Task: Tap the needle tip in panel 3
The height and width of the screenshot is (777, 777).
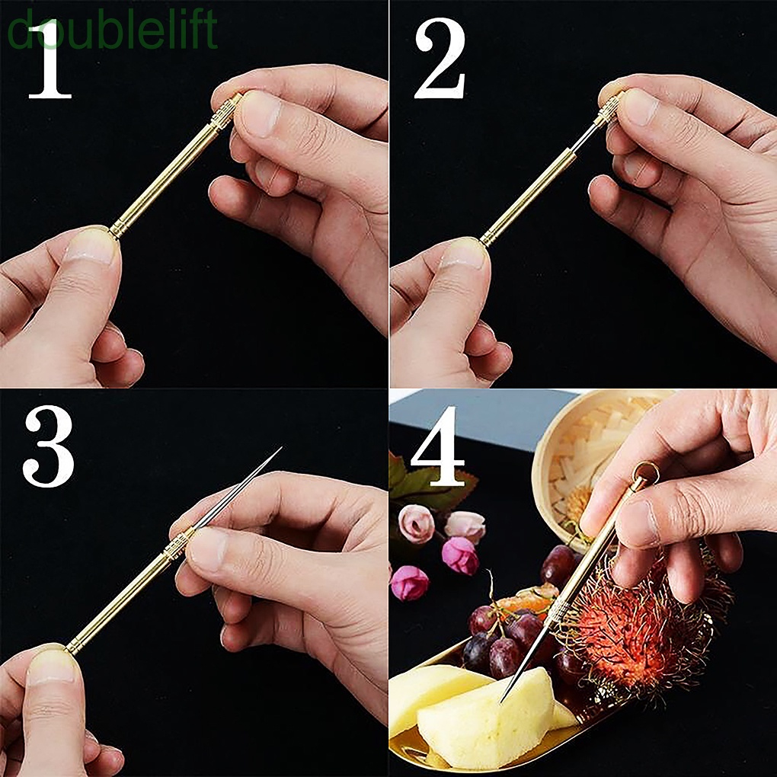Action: coord(280,449)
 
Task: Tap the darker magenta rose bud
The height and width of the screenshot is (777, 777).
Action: coord(459,555)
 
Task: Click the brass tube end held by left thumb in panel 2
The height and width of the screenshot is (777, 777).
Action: coord(488,237)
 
